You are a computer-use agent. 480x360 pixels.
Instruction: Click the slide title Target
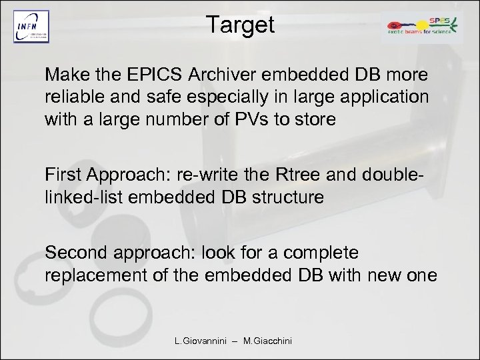(x=240, y=25)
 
